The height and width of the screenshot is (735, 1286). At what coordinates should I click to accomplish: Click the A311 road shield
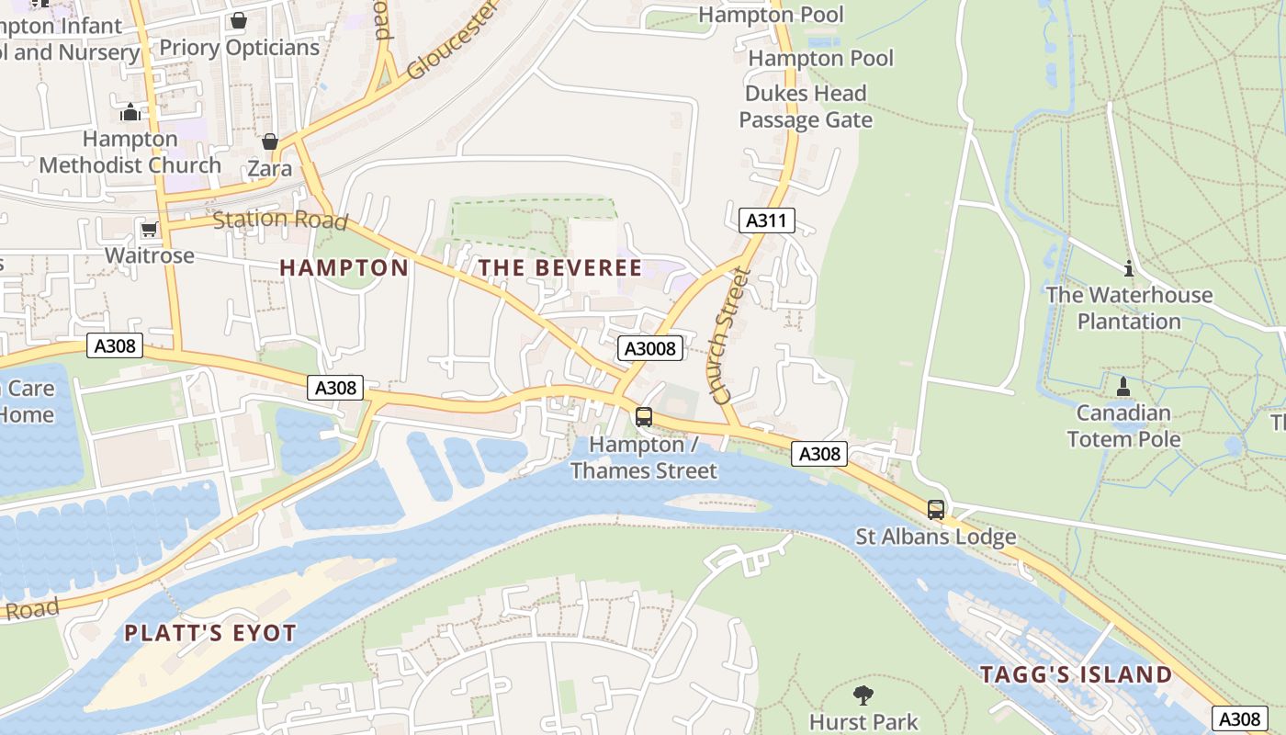[766, 220]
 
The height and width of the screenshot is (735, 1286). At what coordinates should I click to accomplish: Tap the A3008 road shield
[650, 348]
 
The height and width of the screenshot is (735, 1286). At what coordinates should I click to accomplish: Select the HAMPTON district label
[344, 267]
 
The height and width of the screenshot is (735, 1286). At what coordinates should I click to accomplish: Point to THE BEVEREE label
[560, 267]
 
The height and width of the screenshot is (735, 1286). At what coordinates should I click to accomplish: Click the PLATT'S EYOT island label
[210, 633]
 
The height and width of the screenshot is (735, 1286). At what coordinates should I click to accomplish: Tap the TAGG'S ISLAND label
[1076, 674]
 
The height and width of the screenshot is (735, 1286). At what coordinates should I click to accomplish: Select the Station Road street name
[280, 220]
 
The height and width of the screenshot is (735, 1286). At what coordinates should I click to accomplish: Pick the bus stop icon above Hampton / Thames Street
[644, 417]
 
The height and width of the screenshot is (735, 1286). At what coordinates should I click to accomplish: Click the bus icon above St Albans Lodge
[935, 509]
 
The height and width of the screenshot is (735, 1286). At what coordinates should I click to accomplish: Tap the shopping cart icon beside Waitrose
[149, 228]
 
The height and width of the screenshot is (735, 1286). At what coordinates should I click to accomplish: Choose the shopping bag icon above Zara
[269, 141]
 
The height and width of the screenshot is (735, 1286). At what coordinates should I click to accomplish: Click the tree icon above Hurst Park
[863, 695]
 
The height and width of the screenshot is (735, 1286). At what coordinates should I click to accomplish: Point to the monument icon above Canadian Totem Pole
[1122, 387]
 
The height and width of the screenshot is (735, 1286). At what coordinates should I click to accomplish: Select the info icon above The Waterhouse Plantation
[1129, 268]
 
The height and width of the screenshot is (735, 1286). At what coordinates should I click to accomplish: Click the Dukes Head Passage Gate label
[806, 107]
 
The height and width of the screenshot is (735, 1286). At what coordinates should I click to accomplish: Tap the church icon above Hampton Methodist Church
[130, 112]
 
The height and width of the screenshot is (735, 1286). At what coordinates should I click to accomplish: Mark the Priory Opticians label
[239, 48]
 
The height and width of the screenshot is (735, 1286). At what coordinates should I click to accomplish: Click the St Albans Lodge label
[935, 537]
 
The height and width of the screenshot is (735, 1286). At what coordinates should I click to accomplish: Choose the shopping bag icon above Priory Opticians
[239, 20]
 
